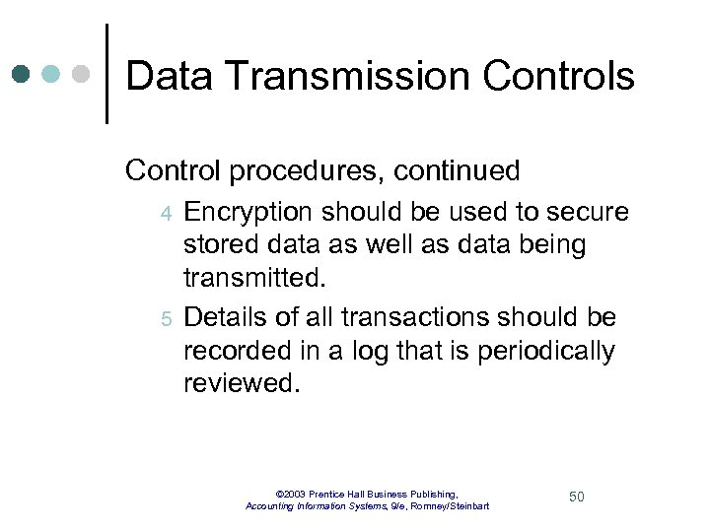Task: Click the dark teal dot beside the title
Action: (22, 75)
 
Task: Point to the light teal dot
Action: (51, 75)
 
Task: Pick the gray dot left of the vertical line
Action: (82, 75)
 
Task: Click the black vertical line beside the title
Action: (106, 74)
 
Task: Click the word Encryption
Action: (250, 212)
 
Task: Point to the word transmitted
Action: (253, 279)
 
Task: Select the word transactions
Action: (381, 317)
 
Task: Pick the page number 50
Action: (577, 497)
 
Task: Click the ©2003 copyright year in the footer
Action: (293, 494)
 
